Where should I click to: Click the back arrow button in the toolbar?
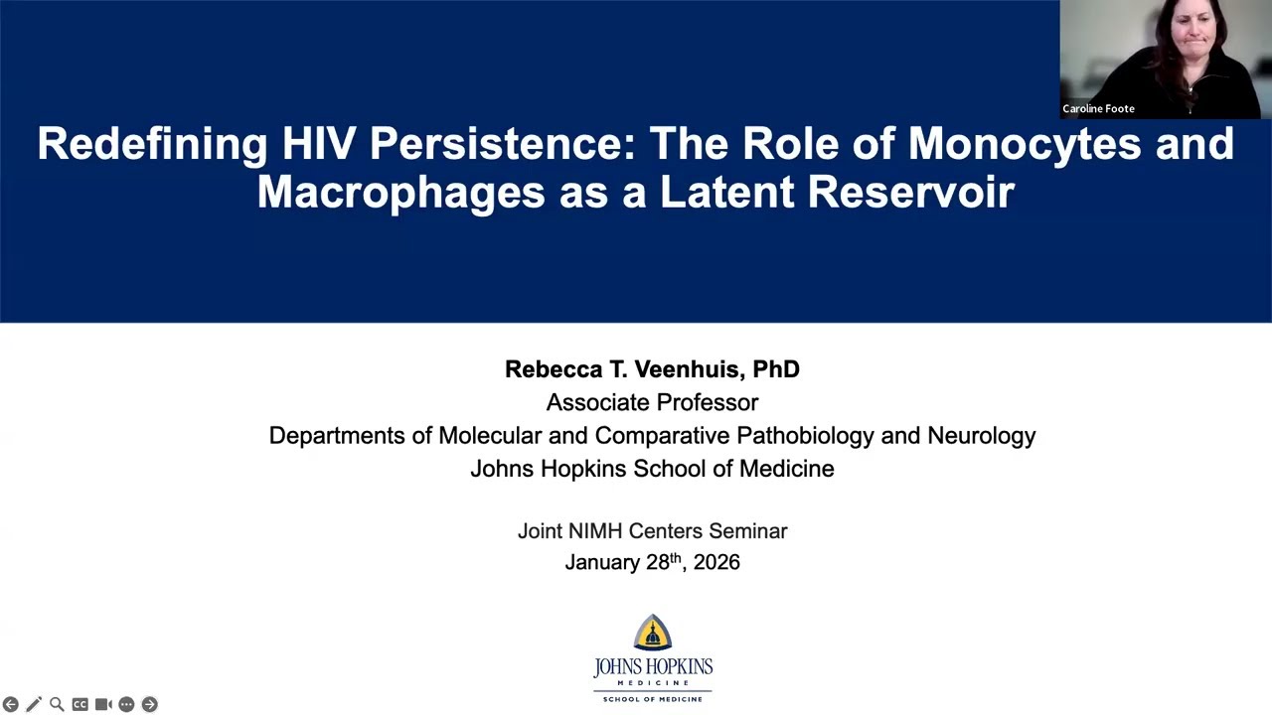coord(11,704)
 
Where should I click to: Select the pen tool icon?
coord(34,704)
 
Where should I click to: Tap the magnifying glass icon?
coord(57,704)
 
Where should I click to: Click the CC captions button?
coord(79,704)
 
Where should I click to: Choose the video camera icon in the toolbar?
coord(103,704)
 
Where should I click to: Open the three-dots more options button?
coord(126,704)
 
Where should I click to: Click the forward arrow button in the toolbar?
coord(149,704)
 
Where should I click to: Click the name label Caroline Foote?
coord(1098,108)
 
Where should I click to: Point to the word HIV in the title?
coord(319,144)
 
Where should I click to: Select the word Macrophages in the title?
coord(399,192)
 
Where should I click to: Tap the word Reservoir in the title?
coord(910,192)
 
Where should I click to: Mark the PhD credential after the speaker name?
coord(776,369)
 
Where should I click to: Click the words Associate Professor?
coord(652,402)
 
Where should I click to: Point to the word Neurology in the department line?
coord(981,435)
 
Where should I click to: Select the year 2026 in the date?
coord(716,562)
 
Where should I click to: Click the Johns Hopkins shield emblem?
coord(653,633)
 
